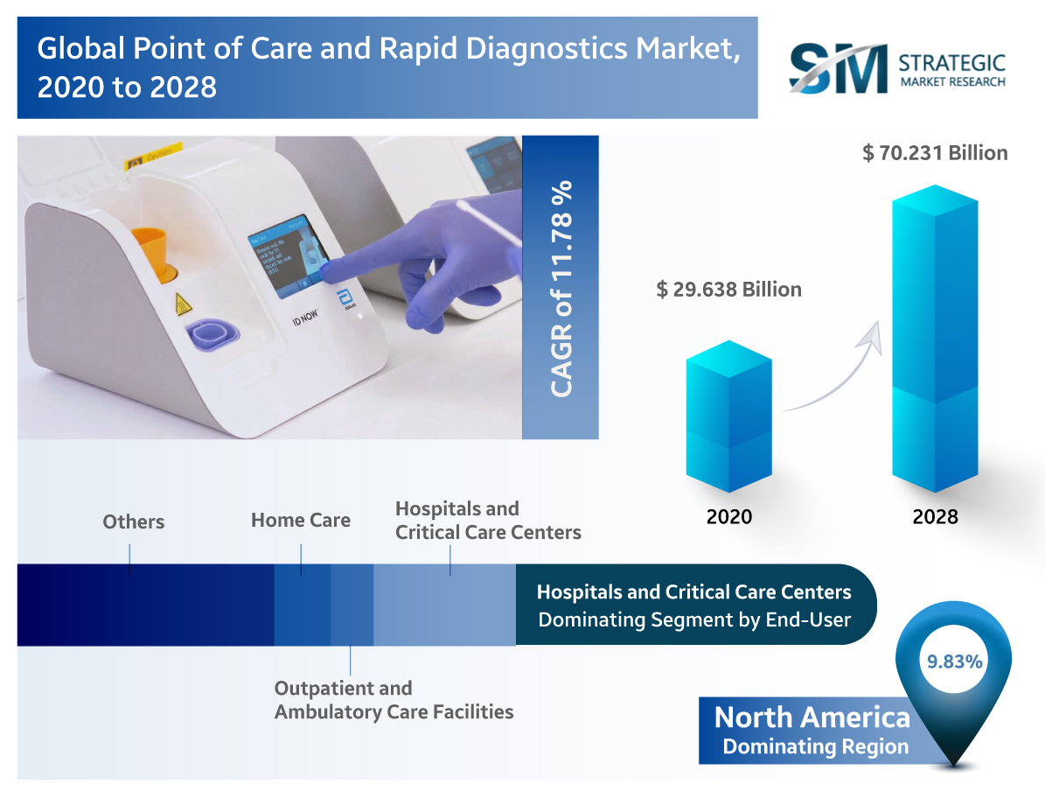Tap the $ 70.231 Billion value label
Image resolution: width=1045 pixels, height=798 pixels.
point(935,153)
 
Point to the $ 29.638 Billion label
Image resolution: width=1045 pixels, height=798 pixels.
point(728,289)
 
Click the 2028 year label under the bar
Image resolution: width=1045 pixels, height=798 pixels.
point(935,516)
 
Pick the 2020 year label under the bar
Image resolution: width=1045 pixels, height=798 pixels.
point(728,516)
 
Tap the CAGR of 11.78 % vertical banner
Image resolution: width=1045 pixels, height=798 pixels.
point(561,287)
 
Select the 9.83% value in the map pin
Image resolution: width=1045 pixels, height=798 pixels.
point(954,661)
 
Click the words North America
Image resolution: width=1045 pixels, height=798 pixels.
point(812,717)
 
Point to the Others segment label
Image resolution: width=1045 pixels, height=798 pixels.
point(133,522)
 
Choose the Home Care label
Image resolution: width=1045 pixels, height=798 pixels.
point(301,521)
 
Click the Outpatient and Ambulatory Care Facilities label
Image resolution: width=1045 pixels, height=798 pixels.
point(394,700)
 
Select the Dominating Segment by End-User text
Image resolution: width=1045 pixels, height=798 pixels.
point(694,620)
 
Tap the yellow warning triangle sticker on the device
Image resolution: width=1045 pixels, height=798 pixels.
point(184,304)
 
